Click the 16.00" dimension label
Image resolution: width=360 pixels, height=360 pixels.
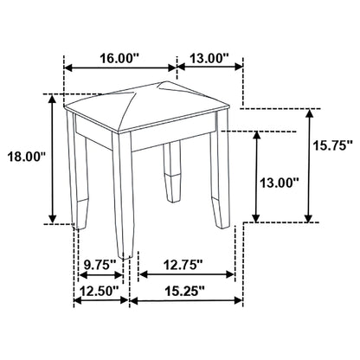coord(119,59)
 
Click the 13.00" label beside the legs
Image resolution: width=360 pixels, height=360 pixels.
coord(280,183)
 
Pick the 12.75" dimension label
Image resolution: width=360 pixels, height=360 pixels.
coord(183,263)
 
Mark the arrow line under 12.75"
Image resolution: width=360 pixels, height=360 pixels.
coord(187,275)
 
